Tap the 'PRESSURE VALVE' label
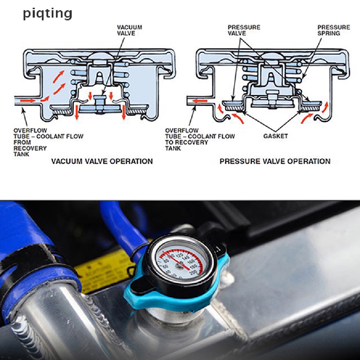pos(244,30)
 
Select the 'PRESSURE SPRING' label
pos(334,30)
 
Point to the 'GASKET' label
pos(275,136)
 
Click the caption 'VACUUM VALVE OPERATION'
pos(102,161)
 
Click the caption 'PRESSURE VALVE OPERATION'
pos(275,161)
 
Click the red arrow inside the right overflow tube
pos(200,101)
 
